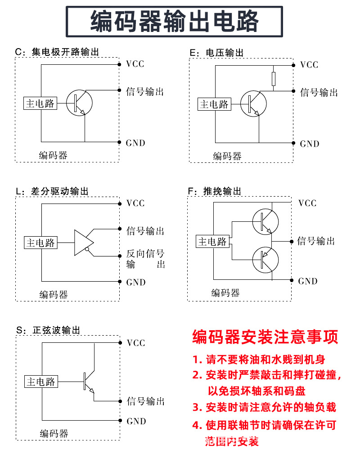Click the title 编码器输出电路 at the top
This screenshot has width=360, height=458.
pos(175,21)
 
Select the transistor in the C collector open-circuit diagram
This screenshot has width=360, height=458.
pos(79,103)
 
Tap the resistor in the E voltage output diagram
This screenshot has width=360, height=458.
pos(274,79)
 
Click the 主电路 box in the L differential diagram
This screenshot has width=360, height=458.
pos(40,243)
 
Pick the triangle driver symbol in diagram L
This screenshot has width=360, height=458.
pos(84,243)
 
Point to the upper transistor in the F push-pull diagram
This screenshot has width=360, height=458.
pos(265,222)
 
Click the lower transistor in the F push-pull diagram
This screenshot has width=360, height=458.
pos(265,260)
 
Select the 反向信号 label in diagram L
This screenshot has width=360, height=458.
pos(145,253)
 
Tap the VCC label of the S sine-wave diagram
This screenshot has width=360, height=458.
pos(136,343)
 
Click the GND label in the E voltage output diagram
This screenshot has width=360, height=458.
pos(310,144)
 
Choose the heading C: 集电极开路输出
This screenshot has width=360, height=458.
pos(57,52)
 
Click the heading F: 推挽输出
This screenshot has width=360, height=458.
pos(215,191)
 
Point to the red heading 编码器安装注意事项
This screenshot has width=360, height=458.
pos(265,337)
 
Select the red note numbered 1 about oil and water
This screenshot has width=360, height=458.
pos(259,359)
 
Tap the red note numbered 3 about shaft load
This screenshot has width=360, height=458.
pos(265,407)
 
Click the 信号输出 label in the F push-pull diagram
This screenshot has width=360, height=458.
pos(316,241)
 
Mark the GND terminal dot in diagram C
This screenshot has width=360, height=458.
pos(119,142)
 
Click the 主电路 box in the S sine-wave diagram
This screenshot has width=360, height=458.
pos(41,382)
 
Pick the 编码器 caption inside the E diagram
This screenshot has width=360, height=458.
pos(227,156)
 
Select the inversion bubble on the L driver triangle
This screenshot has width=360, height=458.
pos(86,249)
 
